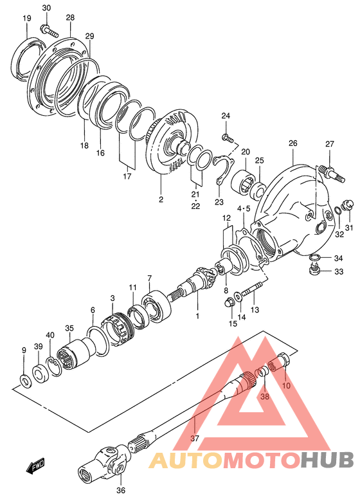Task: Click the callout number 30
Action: pos(46,8)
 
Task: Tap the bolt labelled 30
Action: pos(50,31)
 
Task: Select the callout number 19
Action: pos(27,18)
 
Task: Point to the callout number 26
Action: pos(292,143)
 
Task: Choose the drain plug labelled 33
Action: pos(314,271)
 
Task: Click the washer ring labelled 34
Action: pos(314,257)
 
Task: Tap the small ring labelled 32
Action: pos(337,210)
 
